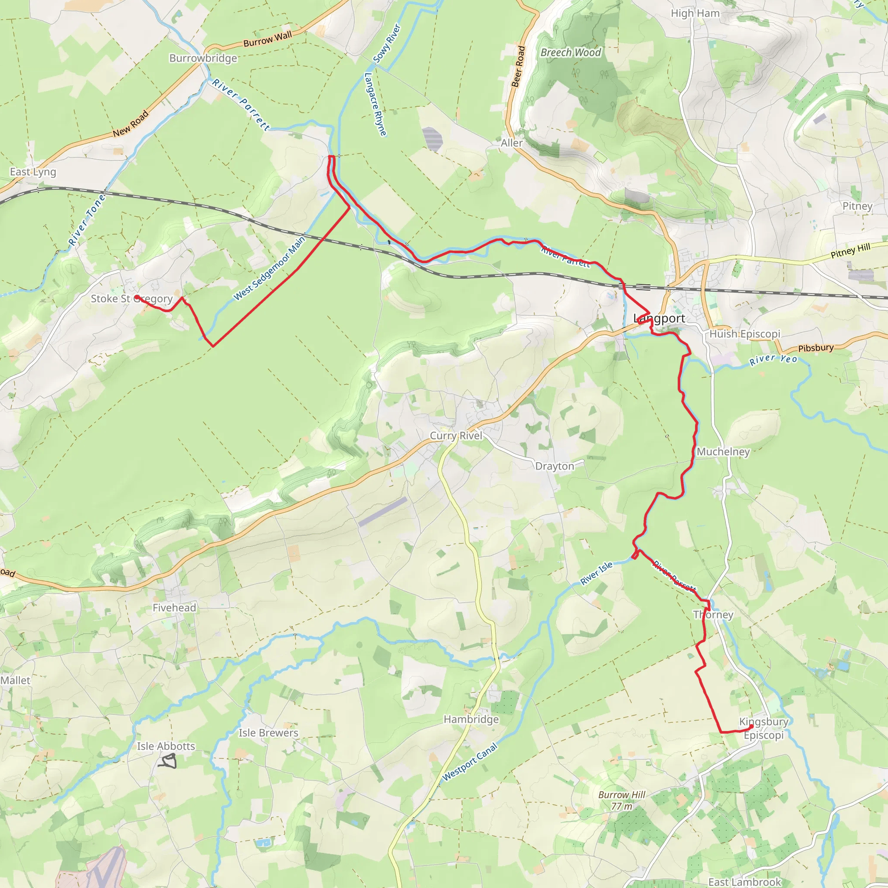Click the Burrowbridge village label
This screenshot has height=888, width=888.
pos(203,59)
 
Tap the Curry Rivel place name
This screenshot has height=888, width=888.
pos(456,436)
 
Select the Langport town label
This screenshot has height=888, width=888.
pos(659,319)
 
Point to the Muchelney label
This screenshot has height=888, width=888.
pos(723,452)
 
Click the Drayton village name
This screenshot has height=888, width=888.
pos(554,466)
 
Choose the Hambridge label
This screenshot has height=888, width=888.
pos(471,719)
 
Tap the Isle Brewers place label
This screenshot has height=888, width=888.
pos(268,733)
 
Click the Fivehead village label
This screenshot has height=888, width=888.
pos(174,607)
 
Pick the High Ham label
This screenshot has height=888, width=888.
pos(695,13)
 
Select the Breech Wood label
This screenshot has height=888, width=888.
pos(571,52)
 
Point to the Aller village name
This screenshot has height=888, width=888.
pos(512,143)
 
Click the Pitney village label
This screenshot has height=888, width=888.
pos(857,206)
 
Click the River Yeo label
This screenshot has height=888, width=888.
pos(774,359)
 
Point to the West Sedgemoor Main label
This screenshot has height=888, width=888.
pos(269,269)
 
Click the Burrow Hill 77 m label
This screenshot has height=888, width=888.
pos(622,800)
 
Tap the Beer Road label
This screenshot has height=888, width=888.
pos(518,66)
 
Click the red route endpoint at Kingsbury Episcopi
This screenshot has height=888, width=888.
pos(751,727)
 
